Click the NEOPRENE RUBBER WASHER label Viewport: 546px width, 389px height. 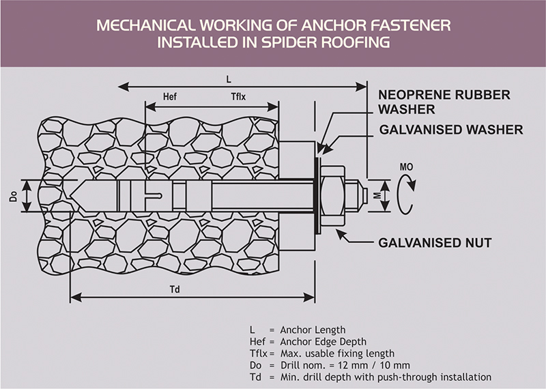tap(444, 102)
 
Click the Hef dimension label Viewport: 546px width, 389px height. tap(171, 96)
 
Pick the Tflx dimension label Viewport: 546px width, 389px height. tap(238, 96)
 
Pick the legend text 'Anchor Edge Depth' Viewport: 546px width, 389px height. tap(318, 341)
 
